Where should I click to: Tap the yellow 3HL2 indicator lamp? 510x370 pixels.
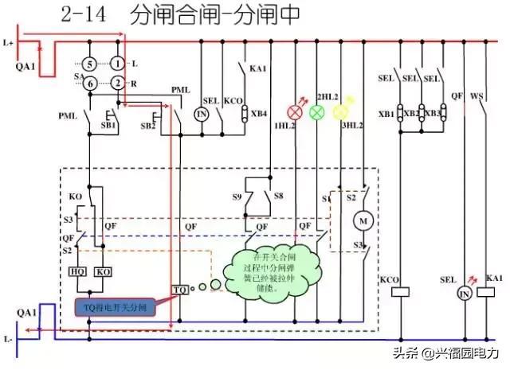[x=340, y=112]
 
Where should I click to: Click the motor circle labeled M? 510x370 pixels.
[x=364, y=218]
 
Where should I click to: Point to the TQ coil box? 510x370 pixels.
[x=181, y=290]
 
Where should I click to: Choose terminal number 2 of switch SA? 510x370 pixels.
[x=118, y=83]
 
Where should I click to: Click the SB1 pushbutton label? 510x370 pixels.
[x=108, y=126]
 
